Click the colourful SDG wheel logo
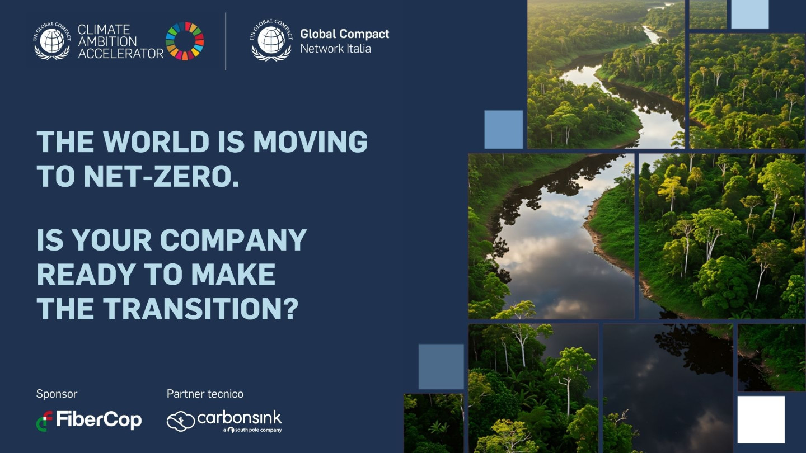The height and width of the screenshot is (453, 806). click(185, 41)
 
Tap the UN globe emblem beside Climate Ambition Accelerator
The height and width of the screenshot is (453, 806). click(52, 41)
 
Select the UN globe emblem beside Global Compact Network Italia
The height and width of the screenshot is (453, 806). click(271, 40)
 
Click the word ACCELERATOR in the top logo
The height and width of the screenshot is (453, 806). click(121, 54)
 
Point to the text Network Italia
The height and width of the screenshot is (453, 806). click(335, 49)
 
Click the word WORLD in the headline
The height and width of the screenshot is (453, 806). click(156, 141)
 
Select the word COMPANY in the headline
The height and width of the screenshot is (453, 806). click(233, 240)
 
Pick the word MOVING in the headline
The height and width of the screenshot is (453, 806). click(311, 141)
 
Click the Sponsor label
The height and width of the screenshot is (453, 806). click(57, 394)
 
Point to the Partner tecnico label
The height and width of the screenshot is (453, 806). click(205, 394)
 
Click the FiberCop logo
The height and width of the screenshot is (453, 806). click(89, 421)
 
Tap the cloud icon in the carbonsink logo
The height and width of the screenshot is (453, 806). click(181, 421)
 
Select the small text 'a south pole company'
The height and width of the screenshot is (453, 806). click(252, 430)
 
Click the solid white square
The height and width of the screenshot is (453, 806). click(761, 419)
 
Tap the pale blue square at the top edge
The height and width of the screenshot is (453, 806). click(750, 15)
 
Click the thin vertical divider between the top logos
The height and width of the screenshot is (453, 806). click(226, 41)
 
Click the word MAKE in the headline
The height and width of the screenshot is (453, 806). click(233, 274)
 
